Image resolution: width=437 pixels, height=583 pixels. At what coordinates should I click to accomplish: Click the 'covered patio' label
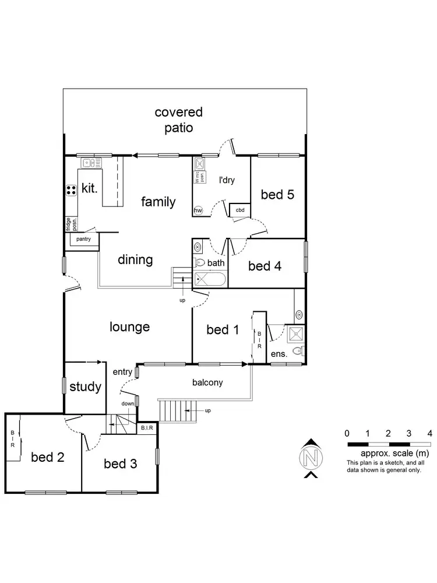click(179, 120)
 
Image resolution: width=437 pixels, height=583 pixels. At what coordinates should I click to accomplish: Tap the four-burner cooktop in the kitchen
click(72, 189)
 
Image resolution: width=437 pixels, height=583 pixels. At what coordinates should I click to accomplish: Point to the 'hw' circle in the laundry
click(198, 210)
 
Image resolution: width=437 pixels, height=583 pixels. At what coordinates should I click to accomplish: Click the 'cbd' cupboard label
click(239, 210)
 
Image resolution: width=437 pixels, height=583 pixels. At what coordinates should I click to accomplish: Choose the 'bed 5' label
click(277, 195)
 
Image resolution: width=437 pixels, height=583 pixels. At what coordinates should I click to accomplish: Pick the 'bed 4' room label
click(265, 266)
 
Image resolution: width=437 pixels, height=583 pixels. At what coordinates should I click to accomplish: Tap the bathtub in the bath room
click(209, 279)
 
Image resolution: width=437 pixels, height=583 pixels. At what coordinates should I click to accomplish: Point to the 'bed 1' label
click(223, 330)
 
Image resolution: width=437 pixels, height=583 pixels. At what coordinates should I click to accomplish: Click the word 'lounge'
click(130, 327)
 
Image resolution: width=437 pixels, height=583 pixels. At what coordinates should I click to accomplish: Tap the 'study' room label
click(86, 387)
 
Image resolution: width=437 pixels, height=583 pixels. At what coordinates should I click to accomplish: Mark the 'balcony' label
click(207, 383)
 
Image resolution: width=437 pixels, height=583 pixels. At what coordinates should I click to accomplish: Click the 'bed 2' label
click(48, 456)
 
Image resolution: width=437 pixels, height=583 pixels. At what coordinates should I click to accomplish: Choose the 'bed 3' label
click(121, 463)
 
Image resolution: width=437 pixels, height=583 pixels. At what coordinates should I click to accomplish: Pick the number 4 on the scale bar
click(429, 433)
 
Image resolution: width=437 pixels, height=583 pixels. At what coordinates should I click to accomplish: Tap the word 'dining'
click(135, 259)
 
